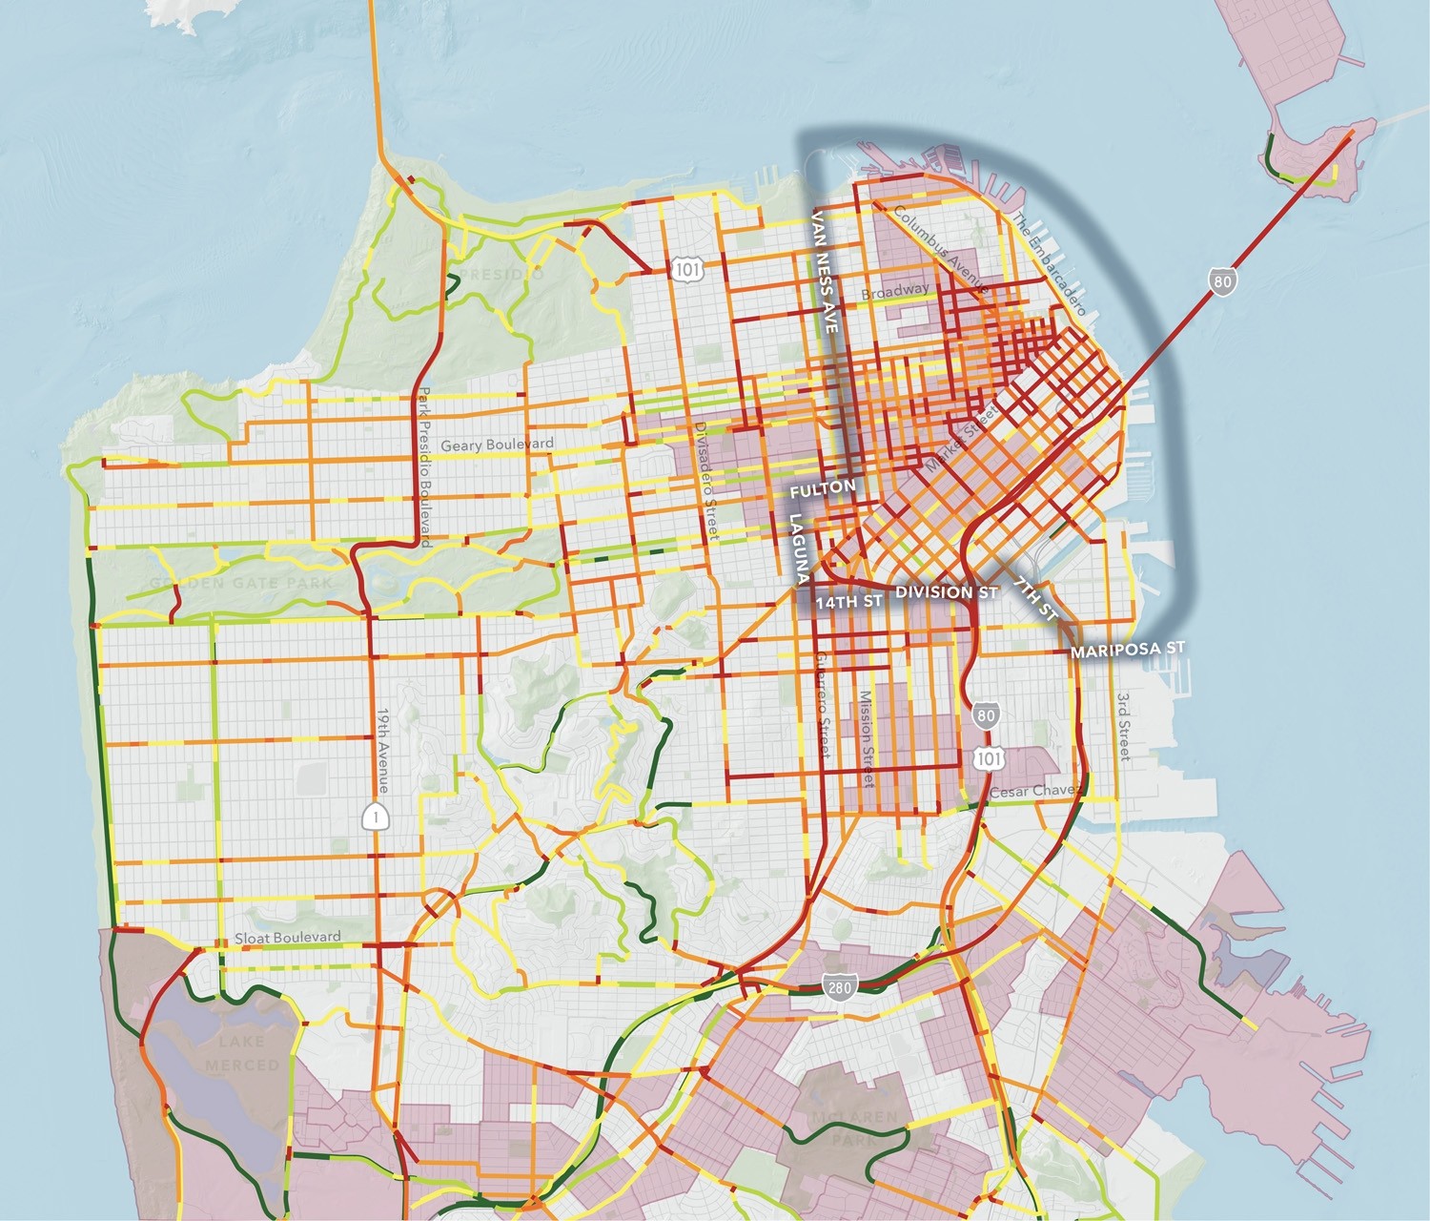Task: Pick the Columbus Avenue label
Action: (941, 250)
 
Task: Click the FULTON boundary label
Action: (822, 487)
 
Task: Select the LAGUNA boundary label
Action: (799, 548)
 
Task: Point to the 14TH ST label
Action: (848, 603)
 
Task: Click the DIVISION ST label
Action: (946, 592)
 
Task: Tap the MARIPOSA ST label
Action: (1127, 650)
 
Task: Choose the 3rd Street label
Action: (1123, 726)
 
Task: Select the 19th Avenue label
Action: (382, 750)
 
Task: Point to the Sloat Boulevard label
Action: (288, 938)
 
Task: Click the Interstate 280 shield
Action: (839, 987)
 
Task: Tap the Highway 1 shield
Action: (378, 816)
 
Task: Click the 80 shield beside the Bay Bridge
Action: (1221, 280)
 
